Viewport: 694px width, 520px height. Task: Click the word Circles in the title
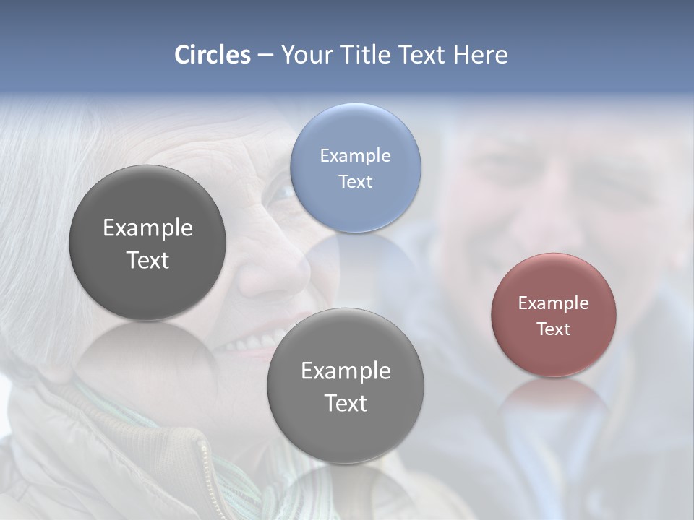(x=212, y=55)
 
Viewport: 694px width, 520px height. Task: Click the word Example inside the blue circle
(x=355, y=155)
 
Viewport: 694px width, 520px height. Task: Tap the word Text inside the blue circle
(x=355, y=181)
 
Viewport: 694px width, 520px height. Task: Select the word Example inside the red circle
(x=553, y=303)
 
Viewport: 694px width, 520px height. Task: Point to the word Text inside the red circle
(x=553, y=329)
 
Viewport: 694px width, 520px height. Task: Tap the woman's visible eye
(x=284, y=192)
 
